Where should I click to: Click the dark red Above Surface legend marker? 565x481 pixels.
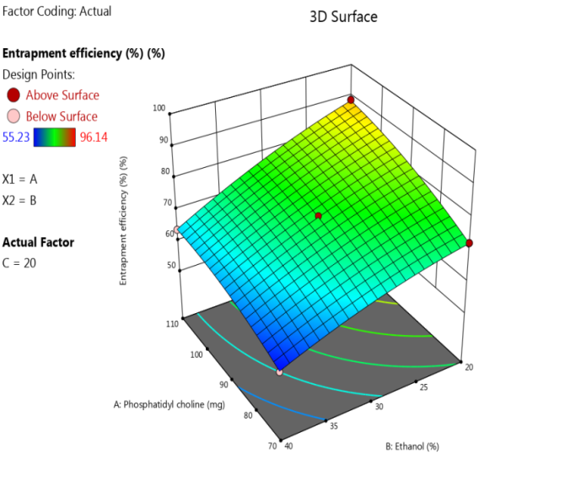point(13,95)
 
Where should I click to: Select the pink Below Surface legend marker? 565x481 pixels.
point(13,116)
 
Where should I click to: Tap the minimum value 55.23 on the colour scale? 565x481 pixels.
point(17,136)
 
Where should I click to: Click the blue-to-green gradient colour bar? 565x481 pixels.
point(55,136)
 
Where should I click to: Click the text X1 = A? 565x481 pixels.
point(20,179)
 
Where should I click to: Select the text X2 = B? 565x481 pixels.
point(20,200)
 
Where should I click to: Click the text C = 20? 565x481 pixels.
point(19,262)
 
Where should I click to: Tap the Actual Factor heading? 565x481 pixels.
point(38,242)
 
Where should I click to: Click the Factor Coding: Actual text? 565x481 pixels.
point(56,12)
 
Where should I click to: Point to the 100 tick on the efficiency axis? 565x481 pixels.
point(159,108)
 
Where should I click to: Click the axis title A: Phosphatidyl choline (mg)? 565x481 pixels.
point(169,404)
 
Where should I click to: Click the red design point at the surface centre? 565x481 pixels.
point(319,216)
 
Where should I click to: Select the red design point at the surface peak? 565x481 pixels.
point(352,102)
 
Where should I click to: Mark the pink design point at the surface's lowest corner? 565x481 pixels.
point(279,370)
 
